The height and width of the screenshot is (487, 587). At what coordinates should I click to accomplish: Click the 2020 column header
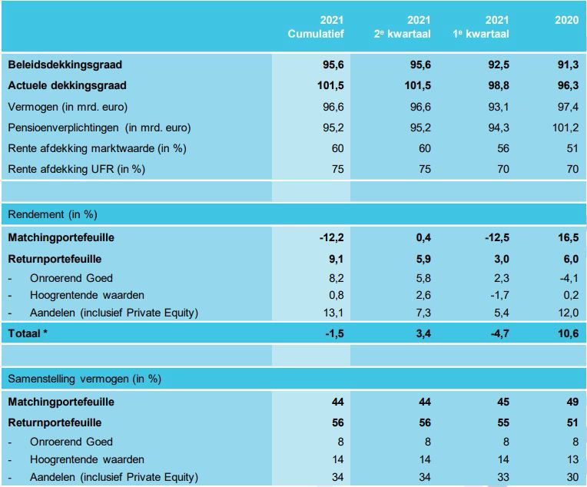[x=566, y=21]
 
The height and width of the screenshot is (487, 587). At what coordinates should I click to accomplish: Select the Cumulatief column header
[x=316, y=34]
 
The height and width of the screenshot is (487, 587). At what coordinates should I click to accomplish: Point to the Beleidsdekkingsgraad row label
[x=65, y=65]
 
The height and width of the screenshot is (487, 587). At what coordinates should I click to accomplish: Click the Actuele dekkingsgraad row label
[x=67, y=86]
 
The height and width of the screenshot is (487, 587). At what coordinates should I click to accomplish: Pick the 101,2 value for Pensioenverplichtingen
[x=565, y=128]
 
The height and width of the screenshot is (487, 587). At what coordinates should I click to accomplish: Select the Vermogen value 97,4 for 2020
[x=568, y=107]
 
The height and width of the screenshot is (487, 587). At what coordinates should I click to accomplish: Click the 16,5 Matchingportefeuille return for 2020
[x=568, y=238]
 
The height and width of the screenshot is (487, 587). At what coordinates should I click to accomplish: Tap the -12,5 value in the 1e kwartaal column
[x=495, y=238]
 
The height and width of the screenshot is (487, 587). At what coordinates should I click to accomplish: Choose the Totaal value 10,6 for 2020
[x=568, y=333]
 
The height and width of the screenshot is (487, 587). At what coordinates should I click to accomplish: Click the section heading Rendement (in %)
[x=53, y=214]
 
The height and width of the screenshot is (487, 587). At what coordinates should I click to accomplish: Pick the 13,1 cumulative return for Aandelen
[x=332, y=313]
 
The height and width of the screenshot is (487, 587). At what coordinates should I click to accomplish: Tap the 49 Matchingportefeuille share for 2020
[x=572, y=402]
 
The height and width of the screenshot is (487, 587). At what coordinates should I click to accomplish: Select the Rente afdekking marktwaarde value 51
[x=572, y=148]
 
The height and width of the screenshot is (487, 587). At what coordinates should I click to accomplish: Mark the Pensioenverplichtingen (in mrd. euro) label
[x=99, y=128]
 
